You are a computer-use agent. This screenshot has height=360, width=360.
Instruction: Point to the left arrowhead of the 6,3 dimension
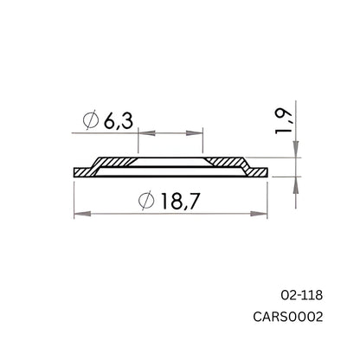click(x=144, y=133)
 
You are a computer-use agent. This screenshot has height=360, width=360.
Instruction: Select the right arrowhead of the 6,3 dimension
click(x=197, y=133)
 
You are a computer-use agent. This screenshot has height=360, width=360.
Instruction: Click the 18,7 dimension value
click(x=180, y=202)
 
